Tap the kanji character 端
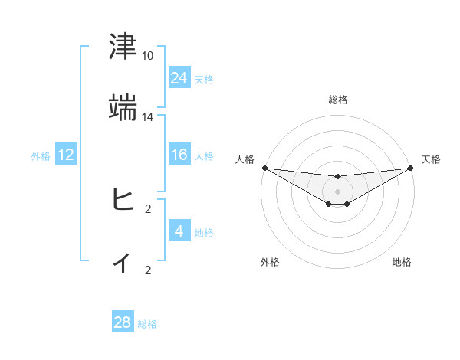(123, 109)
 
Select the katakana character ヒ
(123, 201)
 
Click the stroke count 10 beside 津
(148, 56)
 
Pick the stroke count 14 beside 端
(148, 117)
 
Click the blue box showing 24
(179, 77)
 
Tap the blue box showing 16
(179, 155)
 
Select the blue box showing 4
(179, 231)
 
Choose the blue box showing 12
(65, 155)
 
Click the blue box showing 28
(123, 322)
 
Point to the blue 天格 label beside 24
(204, 79)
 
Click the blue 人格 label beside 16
(204, 155)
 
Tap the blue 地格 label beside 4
(204, 232)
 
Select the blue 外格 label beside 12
(41, 155)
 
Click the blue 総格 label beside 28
(147, 324)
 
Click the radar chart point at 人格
(264, 168)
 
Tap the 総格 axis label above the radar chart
(338, 100)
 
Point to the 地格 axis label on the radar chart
(402, 262)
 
